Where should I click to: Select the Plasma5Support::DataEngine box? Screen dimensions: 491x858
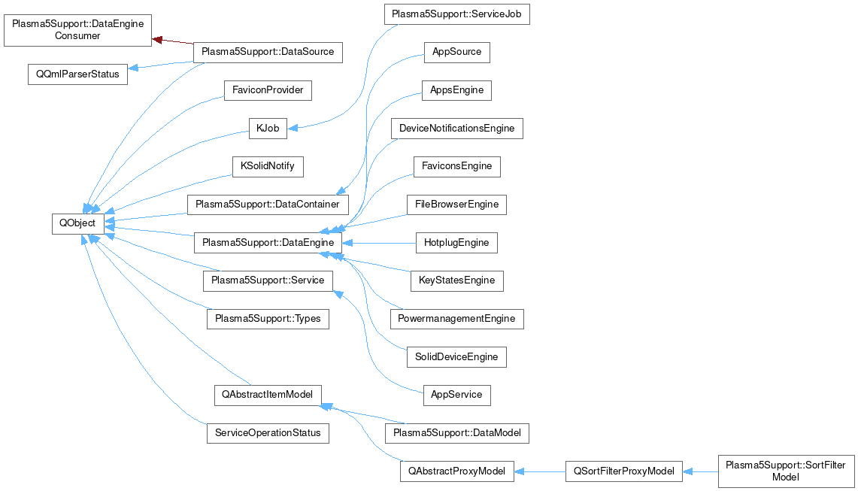click(x=268, y=243)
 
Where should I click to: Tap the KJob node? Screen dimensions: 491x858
click(x=268, y=129)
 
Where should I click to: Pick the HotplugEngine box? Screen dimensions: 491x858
click(x=456, y=243)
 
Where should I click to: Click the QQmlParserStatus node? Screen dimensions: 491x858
click(x=77, y=74)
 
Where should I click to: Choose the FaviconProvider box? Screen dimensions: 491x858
click(x=268, y=90)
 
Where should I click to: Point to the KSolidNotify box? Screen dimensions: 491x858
click(x=268, y=166)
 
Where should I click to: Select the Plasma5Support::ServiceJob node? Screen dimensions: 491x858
click(x=456, y=14)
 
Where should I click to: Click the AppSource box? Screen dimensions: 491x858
click(x=456, y=53)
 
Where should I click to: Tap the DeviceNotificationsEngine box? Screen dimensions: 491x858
click(x=456, y=129)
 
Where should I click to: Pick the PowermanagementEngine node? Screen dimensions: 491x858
click(x=456, y=319)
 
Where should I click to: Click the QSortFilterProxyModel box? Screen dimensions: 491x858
click(x=624, y=471)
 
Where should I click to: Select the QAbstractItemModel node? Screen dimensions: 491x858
click(x=268, y=395)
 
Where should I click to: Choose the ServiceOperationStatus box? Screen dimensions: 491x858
click(x=268, y=433)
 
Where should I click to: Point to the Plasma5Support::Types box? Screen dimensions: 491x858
click(x=268, y=319)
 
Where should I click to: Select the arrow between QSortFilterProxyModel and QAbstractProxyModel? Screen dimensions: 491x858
click(x=540, y=471)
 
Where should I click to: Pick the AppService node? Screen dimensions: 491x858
click(x=456, y=395)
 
